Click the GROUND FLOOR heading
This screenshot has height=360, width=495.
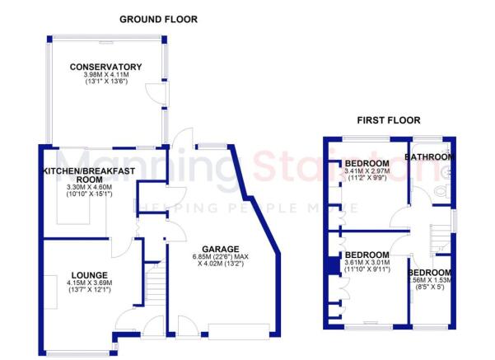[x=158, y=19]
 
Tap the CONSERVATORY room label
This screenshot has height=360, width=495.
[x=105, y=68]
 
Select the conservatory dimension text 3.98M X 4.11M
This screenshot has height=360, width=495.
[x=105, y=76]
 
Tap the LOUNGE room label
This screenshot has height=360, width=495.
[x=85, y=275]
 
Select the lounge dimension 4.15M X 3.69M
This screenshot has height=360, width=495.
[x=85, y=283]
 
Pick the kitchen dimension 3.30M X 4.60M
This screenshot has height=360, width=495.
[x=82, y=188]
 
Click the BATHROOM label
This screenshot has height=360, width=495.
[x=433, y=157]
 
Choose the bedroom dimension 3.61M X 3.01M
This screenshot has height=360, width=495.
[x=367, y=262]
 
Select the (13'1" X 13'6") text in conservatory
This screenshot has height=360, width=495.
[x=105, y=83]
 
